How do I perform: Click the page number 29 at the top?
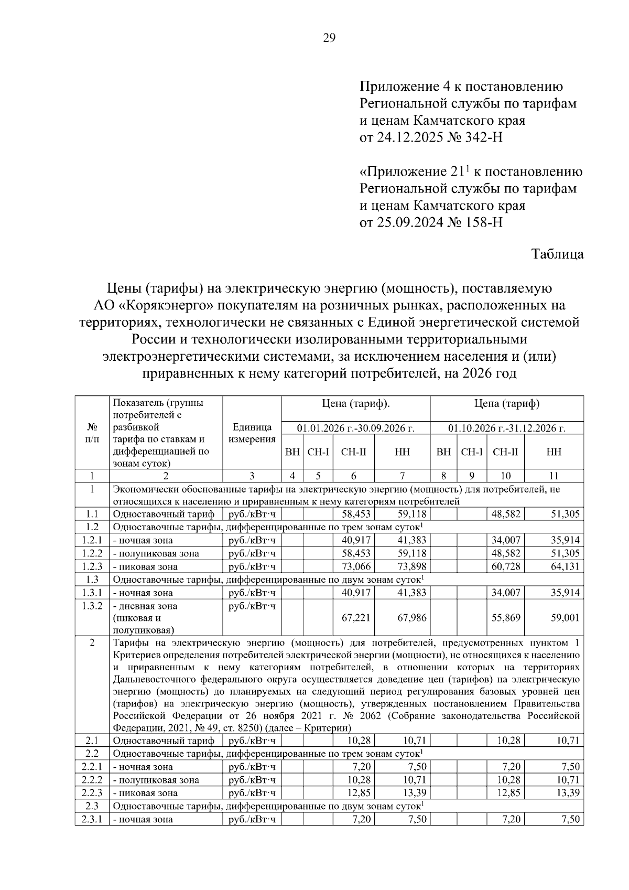pos(329,38)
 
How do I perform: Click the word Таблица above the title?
pos(557,254)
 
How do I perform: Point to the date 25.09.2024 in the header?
pos(402,222)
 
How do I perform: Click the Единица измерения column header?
pos(252,433)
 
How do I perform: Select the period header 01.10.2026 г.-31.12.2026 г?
pos(506,428)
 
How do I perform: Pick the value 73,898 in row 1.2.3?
pos(411,566)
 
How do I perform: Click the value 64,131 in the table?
pos(565,566)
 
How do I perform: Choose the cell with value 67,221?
pos(356,618)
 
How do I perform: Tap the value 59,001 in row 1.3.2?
pos(565,618)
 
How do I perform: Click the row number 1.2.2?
pos(91,553)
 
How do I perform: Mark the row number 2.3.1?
pos(91,819)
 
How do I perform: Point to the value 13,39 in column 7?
pos(415,793)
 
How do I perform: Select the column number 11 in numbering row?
pos(554,476)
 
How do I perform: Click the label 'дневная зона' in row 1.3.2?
pos(145,606)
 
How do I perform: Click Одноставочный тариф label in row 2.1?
pos(164,741)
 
